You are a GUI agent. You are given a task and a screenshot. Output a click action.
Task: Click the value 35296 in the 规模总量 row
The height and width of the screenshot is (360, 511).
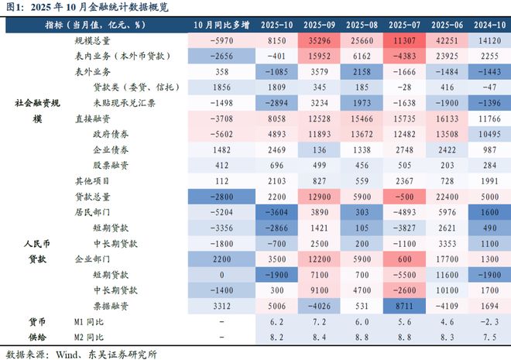pos(320,40)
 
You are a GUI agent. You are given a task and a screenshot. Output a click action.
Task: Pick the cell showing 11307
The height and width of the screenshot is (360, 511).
pos(402,40)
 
